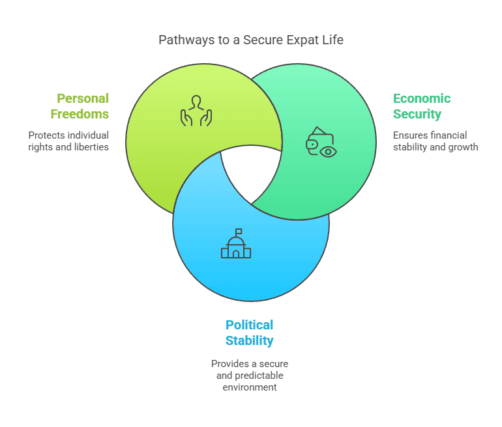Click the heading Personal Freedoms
click(83, 107)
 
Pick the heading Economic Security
click(421, 107)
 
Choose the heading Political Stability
click(250, 333)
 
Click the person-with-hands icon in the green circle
click(196, 111)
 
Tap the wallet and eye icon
click(321, 143)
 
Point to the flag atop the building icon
click(239, 231)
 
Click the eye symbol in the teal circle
click(329, 152)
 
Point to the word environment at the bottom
click(250, 387)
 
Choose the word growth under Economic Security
click(464, 147)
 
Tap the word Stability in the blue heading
click(250, 340)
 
